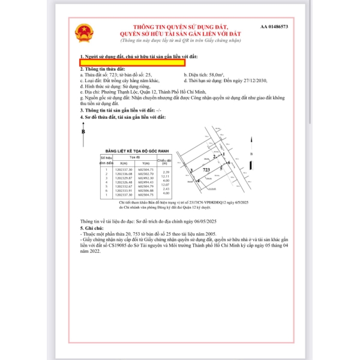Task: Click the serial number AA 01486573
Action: click(274, 27)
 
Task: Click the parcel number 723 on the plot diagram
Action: click(206, 170)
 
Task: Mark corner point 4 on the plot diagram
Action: click(198, 180)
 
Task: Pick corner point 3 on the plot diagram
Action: click(191, 171)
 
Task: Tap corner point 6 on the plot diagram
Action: click(229, 163)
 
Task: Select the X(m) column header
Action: click(124, 163)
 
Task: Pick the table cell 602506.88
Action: click(146, 191)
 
